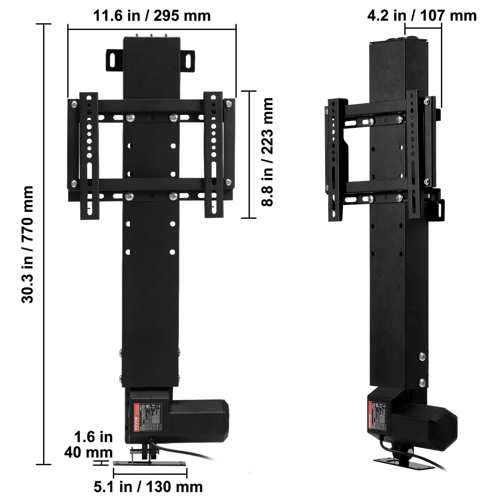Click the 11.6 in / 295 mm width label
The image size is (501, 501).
pyautogui.click(x=152, y=16)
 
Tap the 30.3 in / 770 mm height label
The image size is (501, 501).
pyautogui.click(x=28, y=244)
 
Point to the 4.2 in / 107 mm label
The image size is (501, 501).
pyautogui.click(x=422, y=16)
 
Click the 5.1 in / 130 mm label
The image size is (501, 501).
pyautogui.click(x=148, y=487)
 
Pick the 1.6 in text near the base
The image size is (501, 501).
pyautogui.click(x=93, y=437)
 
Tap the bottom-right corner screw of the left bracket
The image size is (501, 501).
pyautogui.click(x=228, y=182)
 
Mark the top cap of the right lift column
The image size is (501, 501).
pyautogui.click(x=398, y=41)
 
